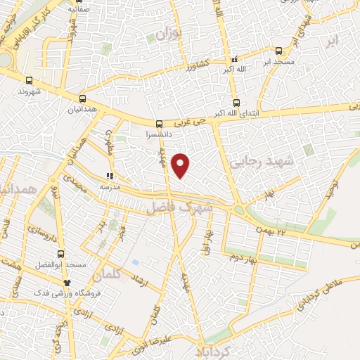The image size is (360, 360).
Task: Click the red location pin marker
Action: (181, 165)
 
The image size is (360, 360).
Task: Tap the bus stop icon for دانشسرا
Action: (159, 124)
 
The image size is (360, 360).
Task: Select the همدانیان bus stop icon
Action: (83, 98)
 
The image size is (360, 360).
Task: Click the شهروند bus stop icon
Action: (29, 80)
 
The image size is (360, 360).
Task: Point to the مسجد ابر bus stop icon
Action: (279, 51)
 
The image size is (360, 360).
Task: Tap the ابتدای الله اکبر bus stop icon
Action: (236, 100)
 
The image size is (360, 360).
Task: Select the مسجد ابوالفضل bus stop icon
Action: (61, 254)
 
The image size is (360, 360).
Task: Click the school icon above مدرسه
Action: (110, 176)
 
